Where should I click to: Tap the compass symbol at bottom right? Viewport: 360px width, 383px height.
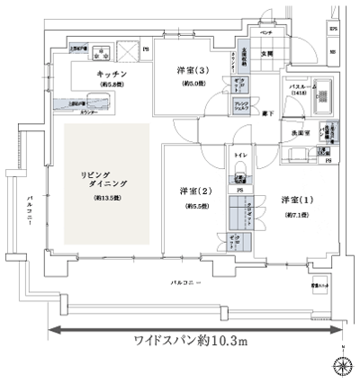(342, 364)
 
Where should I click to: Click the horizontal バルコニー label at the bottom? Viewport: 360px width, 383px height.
(187, 283)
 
